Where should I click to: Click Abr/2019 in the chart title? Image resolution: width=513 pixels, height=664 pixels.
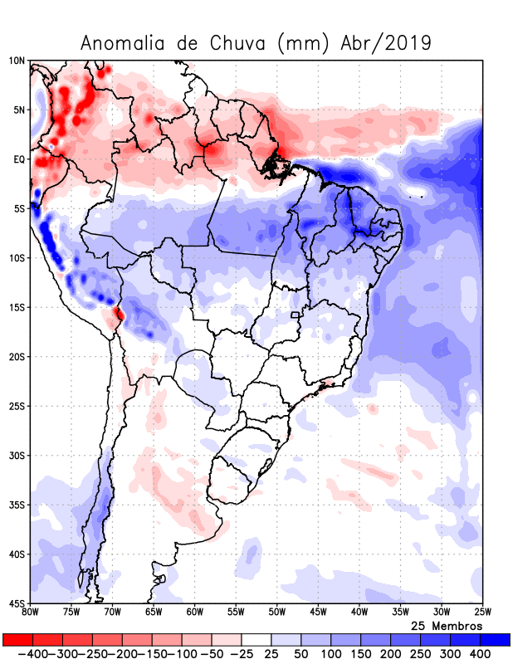[386, 43]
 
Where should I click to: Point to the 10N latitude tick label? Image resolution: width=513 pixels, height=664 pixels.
[17, 61]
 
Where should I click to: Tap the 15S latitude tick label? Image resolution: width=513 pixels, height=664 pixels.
[17, 307]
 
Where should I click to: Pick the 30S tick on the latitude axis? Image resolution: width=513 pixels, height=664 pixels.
[17, 455]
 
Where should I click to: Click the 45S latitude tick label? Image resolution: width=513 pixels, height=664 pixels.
[17, 603]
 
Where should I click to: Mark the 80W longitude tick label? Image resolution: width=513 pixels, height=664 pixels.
[30, 612]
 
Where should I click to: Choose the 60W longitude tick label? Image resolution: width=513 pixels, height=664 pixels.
[194, 612]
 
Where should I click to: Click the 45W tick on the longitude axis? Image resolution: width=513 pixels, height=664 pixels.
[318, 612]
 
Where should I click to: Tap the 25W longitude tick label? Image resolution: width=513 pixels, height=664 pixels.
[482, 612]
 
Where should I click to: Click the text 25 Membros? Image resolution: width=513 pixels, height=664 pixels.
[447, 625]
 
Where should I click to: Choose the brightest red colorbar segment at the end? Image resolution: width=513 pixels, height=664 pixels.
[17, 640]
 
